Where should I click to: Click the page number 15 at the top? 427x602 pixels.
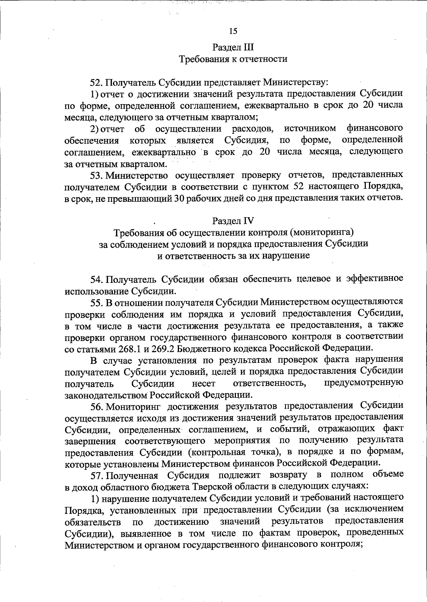tap(233, 31)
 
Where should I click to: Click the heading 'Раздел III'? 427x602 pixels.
tap(233, 47)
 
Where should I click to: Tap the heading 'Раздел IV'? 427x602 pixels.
tap(233, 221)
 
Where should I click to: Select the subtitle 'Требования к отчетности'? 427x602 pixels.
tap(233, 59)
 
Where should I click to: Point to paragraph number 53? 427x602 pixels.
tap(96, 175)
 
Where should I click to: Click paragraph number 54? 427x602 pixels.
tap(96, 279)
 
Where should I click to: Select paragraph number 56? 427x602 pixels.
tap(96, 406)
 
